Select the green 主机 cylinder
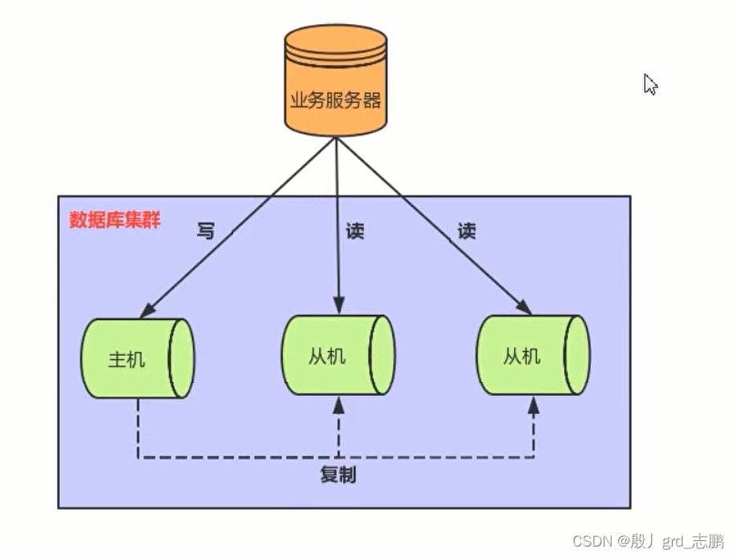[137, 358]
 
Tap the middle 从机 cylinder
[338, 354]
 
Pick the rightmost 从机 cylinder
[533, 354]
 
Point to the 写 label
[206, 231]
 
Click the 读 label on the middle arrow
[354, 231]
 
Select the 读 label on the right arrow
[467, 231]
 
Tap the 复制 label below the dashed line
[338, 474]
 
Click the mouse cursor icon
[650, 84]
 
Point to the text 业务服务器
[335, 100]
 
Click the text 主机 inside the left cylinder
[127, 359]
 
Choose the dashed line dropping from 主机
[138, 429]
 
